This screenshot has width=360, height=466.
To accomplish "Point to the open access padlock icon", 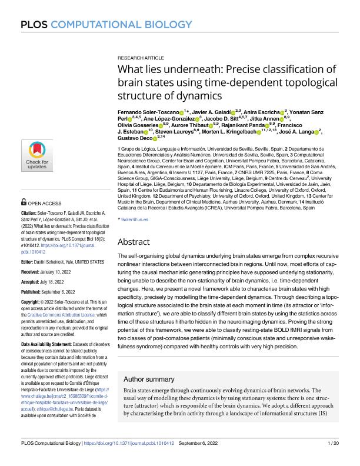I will pyautogui.click(x=24, y=202).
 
